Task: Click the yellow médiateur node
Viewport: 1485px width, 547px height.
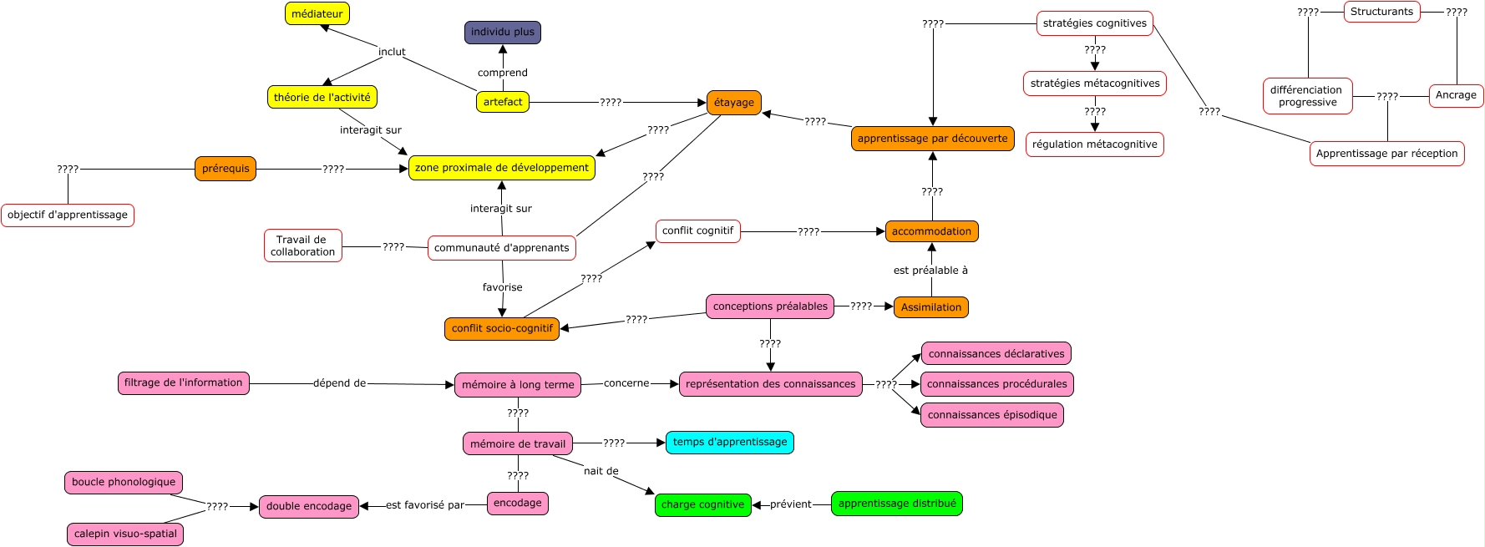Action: tap(317, 13)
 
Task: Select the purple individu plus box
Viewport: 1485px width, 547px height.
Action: tap(502, 32)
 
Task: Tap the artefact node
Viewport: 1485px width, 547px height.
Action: tap(502, 102)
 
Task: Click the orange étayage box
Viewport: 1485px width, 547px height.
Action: tap(733, 103)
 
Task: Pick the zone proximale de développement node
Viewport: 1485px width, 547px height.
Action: tap(501, 168)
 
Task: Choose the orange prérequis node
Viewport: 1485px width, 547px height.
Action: tap(226, 169)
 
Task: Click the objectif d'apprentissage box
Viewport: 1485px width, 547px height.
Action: tap(68, 215)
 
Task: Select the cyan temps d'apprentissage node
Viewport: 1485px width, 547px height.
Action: tap(729, 442)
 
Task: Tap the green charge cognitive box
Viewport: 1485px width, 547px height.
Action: tap(702, 504)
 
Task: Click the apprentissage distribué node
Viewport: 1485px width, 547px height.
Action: tap(896, 504)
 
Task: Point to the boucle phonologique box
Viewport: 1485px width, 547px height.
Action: tap(124, 482)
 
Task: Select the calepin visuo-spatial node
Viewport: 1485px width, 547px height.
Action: tap(125, 534)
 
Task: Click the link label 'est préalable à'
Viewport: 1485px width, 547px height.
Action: tap(930, 271)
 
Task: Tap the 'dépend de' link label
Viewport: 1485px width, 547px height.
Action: tap(339, 383)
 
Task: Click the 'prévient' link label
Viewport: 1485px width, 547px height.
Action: tap(790, 504)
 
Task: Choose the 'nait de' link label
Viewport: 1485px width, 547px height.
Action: tap(601, 471)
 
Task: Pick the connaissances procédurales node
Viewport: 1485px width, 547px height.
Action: tap(996, 384)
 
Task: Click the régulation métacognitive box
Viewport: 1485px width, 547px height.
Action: tap(1094, 144)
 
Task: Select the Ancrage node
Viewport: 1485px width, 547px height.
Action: tap(1455, 95)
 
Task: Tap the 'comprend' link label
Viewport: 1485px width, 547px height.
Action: tap(502, 73)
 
